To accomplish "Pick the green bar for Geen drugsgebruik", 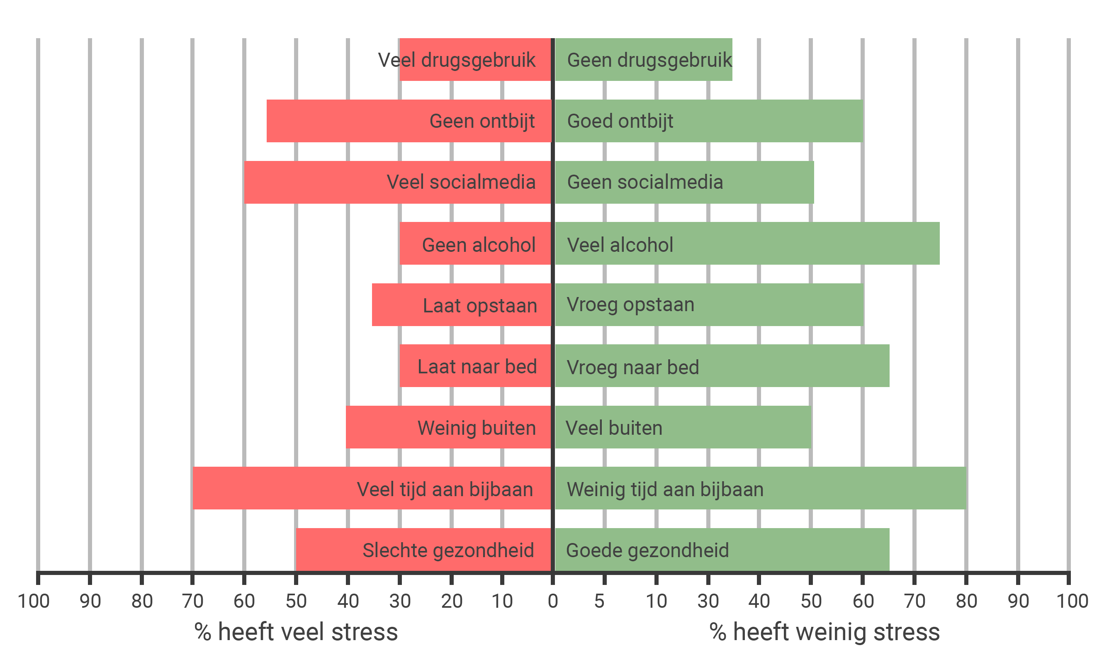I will pyautogui.click(x=644, y=60).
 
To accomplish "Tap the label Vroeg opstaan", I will pyautogui.click(x=630, y=305).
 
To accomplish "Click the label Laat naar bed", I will pyautogui.click(x=477, y=367).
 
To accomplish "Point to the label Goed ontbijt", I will pyautogui.click(x=620, y=121).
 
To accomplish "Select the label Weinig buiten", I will pyautogui.click(x=477, y=428).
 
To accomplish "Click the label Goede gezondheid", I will pyautogui.click(x=647, y=550).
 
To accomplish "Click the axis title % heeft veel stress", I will pyautogui.click(x=296, y=632).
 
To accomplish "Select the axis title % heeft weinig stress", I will pyautogui.click(x=824, y=632).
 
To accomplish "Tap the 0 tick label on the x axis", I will pyautogui.click(x=553, y=601).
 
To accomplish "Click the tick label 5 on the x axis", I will pyautogui.click(x=599, y=601).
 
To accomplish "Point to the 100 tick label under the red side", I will pyautogui.click(x=34, y=601).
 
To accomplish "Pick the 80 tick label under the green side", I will pyautogui.click(x=966, y=601).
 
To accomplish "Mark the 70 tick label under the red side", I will pyautogui.click(x=192, y=601).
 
